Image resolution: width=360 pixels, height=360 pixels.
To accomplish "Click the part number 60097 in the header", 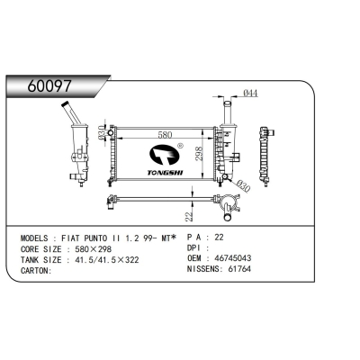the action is (49, 86).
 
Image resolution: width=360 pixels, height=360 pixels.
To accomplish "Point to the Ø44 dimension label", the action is (250, 94).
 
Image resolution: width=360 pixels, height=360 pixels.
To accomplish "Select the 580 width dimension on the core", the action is (165, 135).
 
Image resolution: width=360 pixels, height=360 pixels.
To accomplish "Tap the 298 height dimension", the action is (199, 153).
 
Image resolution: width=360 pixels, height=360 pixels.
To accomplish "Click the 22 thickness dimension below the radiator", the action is (189, 217).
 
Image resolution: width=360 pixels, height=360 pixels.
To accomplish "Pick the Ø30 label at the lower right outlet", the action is (243, 186).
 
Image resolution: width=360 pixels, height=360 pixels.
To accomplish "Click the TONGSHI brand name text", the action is (165, 173).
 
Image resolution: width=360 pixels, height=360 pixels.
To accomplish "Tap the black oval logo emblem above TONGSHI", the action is (164, 155).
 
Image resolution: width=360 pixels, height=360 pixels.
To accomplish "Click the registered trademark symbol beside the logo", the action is (180, 146).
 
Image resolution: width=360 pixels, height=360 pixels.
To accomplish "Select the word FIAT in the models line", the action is (71, 238).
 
